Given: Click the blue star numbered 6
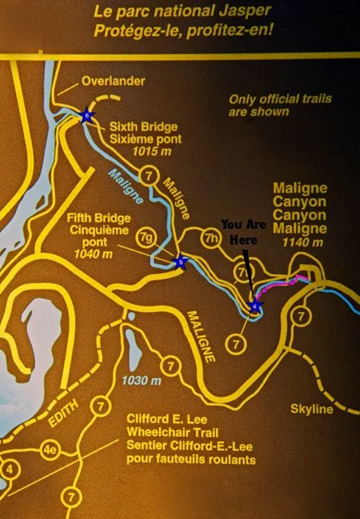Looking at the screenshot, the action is pos(87,116).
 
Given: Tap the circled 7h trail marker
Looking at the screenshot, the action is pos(212,238).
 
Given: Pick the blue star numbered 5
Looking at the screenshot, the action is pos(182,262).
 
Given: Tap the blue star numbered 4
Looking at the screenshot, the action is pos(256,307).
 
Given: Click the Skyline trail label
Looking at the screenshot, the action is pos(311,410).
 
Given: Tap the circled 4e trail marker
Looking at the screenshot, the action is pos(50,448).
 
